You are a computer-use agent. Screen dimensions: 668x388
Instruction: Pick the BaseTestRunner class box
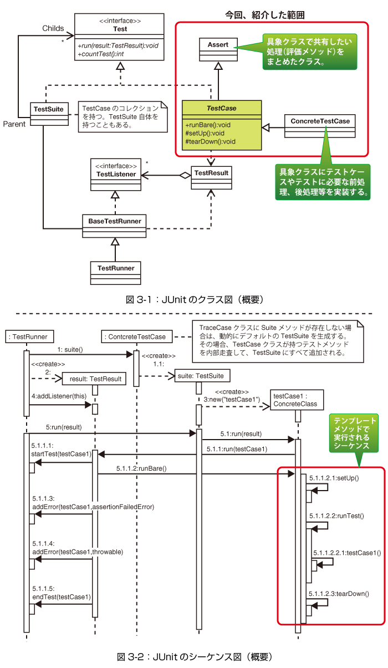(115, 225)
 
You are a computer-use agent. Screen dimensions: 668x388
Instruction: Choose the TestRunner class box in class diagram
(115, 272)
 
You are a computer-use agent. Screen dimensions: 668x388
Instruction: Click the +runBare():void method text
(208, 125)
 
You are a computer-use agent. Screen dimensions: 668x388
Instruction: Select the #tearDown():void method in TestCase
(211, 141)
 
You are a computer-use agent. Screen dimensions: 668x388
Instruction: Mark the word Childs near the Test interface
(53, 28)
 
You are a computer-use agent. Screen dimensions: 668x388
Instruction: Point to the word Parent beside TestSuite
(14, 124)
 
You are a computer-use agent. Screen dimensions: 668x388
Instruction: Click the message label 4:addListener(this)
(57, 396)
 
